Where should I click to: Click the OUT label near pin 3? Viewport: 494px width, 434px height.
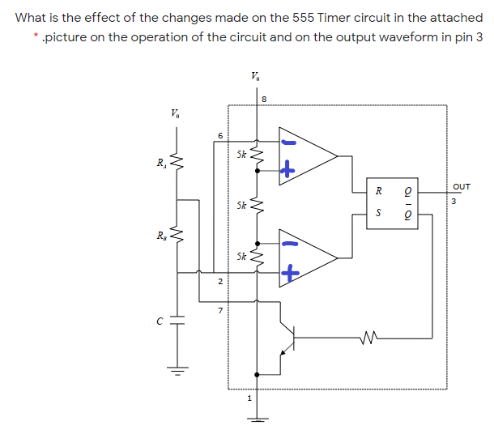coord(462,187)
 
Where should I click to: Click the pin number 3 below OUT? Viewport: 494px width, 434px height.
coord(454,202)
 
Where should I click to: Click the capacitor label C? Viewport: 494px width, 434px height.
coord(160,319)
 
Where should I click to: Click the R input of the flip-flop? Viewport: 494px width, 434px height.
coord(377,192)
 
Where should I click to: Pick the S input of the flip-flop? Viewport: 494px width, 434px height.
coord(377,214)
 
